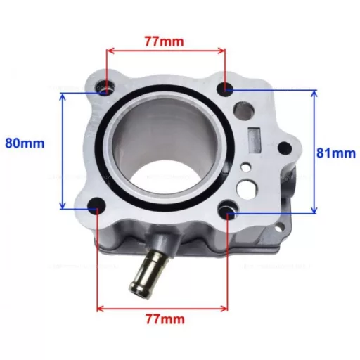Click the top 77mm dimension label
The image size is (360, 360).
pos(164,41)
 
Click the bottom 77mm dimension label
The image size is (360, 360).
pos(165,319)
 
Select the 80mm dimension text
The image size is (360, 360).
pos(25,143)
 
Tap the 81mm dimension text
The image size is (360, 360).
pos(336,153)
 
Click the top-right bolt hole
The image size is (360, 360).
pos(225,89)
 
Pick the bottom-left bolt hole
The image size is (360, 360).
pos(96,205)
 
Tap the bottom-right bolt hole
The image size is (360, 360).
pos(227,210)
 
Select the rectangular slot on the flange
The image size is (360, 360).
pos(254,140)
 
